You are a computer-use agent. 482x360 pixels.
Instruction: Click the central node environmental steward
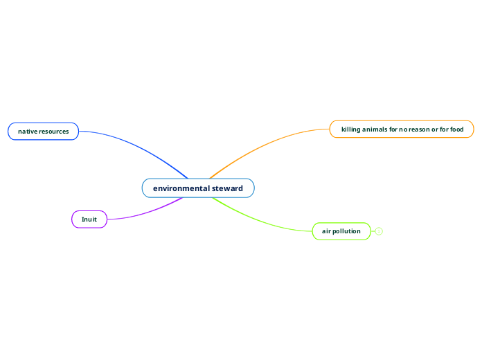tap(198, 188)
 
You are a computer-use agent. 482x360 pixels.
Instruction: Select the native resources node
tap(43, 132)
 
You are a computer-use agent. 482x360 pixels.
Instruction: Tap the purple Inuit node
tap(89, 219)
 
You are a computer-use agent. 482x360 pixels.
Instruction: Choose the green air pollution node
tap(341, 231)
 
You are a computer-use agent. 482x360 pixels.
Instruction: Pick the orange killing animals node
tap(402, 129)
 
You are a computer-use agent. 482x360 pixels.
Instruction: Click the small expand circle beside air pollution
tap(379, 231)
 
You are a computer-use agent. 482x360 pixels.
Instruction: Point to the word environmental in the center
tap(181, 188)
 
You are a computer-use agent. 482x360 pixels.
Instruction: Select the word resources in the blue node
tap(53, 132)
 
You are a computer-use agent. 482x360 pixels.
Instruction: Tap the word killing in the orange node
tap(351, 129)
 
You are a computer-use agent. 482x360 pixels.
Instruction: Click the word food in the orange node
tap(456, 129)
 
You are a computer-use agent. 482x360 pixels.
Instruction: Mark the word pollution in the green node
tap(346, 231)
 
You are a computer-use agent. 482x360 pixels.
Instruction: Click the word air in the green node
tap(326, 231)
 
